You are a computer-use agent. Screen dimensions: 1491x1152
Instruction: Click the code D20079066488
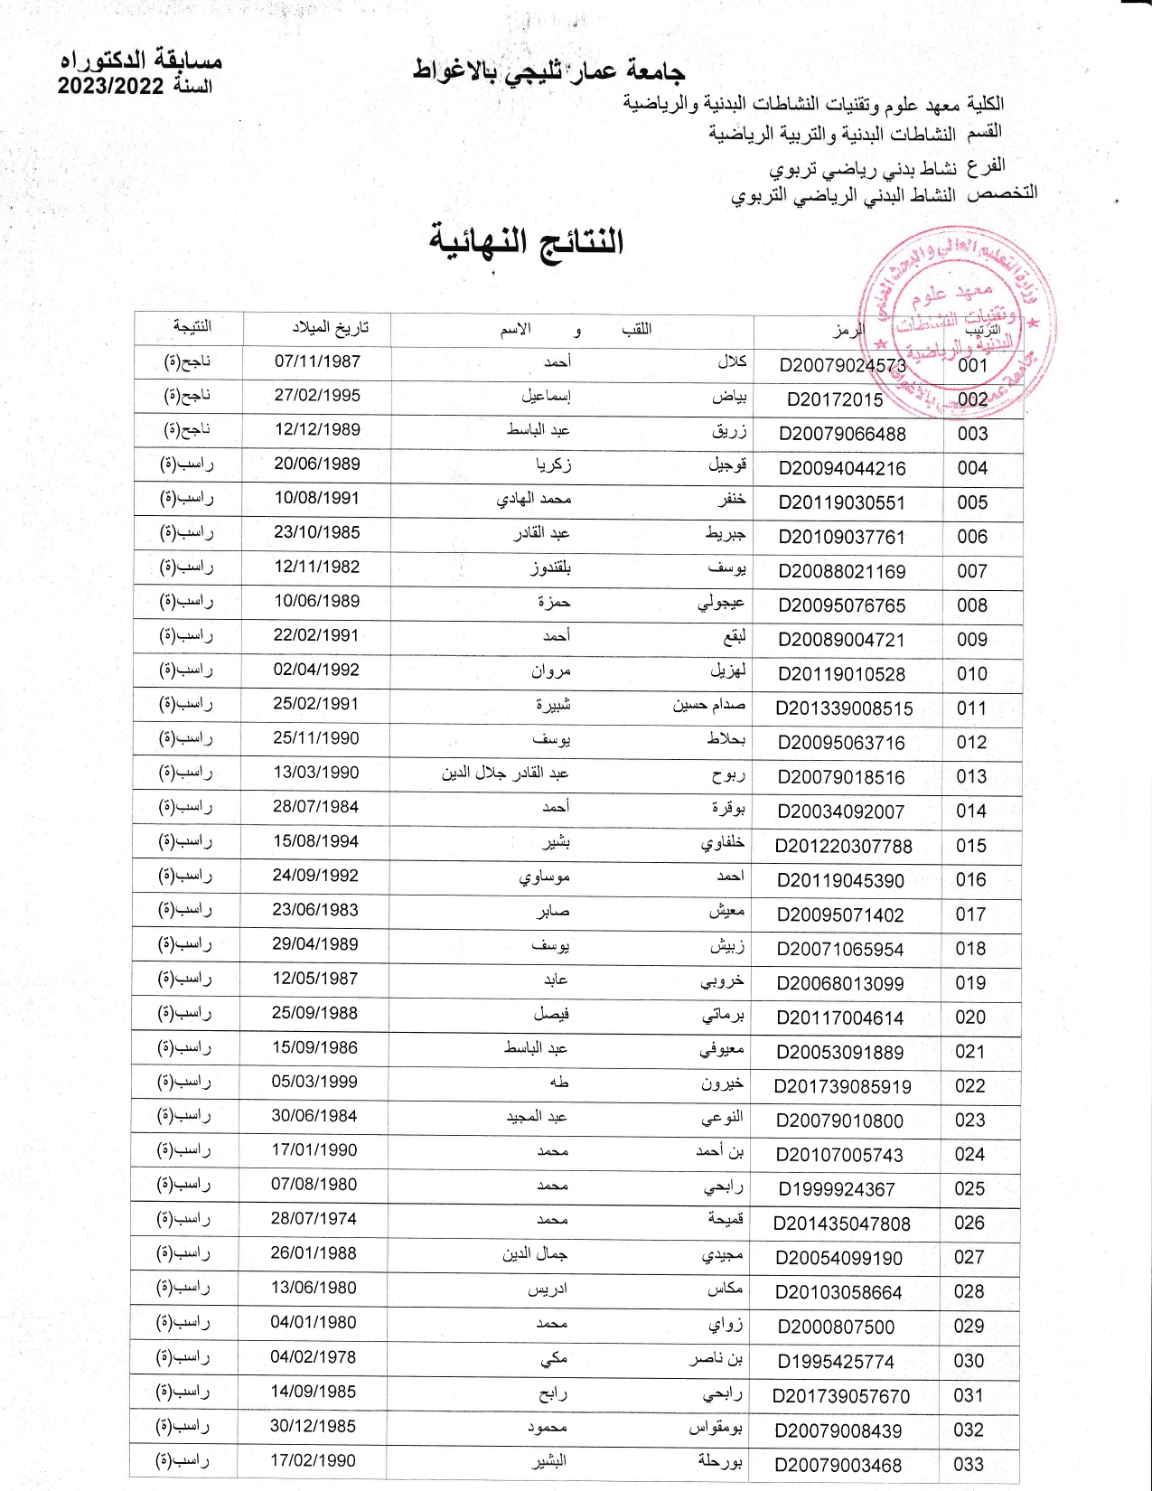click(842, 434)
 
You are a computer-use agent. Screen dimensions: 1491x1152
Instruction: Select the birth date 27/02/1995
click(317, 396)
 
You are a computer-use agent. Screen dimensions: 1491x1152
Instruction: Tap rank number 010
click(972, 674)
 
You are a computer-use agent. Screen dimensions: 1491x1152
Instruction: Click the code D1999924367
click(837, 1189)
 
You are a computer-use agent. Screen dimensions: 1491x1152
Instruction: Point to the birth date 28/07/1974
click(314, 1219)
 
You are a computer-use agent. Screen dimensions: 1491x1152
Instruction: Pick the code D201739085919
click(842, 1086)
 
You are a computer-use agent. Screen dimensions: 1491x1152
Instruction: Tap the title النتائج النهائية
click(526, 241)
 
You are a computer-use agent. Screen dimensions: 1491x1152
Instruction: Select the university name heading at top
click(548, 70)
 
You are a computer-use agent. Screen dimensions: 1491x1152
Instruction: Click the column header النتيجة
click(192, 326)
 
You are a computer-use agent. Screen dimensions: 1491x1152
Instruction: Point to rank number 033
click(969, 1464)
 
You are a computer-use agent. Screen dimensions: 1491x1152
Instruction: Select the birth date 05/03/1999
click(314, 1082)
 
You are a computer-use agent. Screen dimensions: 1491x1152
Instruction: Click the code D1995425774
click(836, 1361)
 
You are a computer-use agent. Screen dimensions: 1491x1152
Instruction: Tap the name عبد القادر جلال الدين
click(505, 774)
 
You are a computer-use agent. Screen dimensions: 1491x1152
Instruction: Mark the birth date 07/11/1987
click(317, 361)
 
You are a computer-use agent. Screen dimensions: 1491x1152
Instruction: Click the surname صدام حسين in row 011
click(709, 705)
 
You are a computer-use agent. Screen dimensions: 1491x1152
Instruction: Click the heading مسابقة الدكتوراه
click(141, 61)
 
